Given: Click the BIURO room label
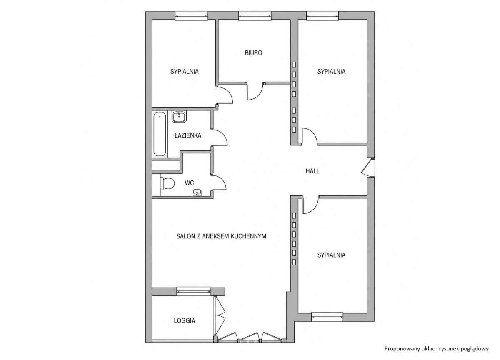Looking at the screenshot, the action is (253, 53).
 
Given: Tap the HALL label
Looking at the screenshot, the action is (312, 171).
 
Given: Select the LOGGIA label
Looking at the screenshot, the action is (184, 320).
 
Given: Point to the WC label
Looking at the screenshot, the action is (189, 183).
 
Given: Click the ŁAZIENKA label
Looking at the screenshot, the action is (188, 135).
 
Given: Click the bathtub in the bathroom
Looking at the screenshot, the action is (160, 134).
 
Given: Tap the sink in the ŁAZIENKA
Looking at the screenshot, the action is (179, 117).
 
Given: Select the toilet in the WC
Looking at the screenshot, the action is (167, 183).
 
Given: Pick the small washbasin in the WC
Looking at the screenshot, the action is (197, 192).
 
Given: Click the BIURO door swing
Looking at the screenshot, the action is (255, 92).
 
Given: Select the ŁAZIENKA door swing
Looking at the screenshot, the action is (220, 137).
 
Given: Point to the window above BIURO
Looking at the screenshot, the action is (255, 15).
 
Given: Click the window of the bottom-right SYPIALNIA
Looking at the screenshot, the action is (327, 317).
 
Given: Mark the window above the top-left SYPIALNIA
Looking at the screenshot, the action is (191, 15).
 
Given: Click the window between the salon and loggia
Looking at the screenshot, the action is (194, 292).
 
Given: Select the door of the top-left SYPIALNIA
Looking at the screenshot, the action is (225, 95).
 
